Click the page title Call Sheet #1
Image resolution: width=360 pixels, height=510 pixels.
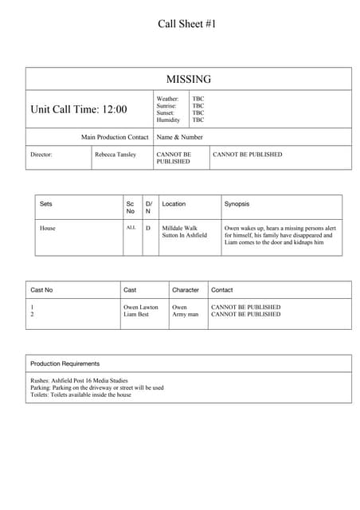click(x=187, y=24)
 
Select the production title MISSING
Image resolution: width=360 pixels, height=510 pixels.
click(x=189, y=79)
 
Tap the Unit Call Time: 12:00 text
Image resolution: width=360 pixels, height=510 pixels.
click(x=78, y=109)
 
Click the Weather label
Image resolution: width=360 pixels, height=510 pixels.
click(x=167, y=99)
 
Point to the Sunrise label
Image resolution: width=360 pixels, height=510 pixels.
click(x=166, y=106)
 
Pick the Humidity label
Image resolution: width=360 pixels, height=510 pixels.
click(x=168, y=120)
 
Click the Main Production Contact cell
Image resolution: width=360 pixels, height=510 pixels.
click(x=115, y=137)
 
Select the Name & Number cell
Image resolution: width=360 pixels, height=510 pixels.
click(x=180, y=137)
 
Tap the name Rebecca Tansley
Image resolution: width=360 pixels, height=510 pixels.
click(x=115, y=155)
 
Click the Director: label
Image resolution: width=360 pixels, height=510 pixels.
click(x=41, y=155)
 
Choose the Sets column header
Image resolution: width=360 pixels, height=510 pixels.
click(x=46, y=204)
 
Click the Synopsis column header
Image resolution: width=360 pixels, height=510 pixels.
click(x=238, y=204)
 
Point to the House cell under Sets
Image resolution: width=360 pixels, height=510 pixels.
click(x=48, y=228)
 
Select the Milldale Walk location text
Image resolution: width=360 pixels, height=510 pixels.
click(x=179, y=228)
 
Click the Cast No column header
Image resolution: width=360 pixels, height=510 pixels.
click(x=41, y=290)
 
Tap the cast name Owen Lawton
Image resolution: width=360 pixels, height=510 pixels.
click(x=141, y=307)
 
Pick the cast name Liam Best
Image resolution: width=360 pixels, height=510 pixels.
click(x=136, y=315)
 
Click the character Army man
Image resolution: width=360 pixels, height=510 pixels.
click(x=186, y=315)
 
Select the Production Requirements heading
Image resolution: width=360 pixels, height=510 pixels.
click(x=65, y=363)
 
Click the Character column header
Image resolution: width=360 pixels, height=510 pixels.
click(x=186, y=290)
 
